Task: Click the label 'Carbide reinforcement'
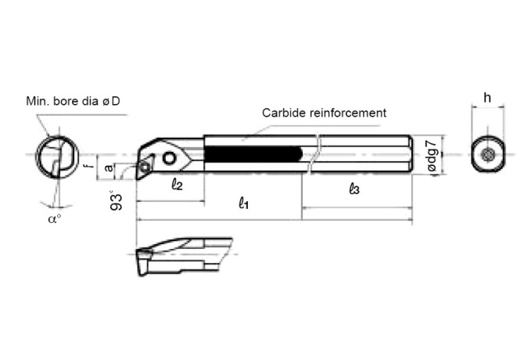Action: click(x=324, y=113)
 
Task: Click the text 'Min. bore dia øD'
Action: click(x=77, y=102)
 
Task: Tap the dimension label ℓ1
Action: click(x=244, y=203)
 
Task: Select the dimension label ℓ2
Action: click(x=176, y=185)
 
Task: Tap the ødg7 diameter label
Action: click(x=426, y=156)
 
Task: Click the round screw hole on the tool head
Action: click(x=170, y=159)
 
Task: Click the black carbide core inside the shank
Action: click(x=253, y=154)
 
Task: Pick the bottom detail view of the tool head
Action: click(x=183, y=257)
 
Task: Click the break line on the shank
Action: click(x=312, y=156)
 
